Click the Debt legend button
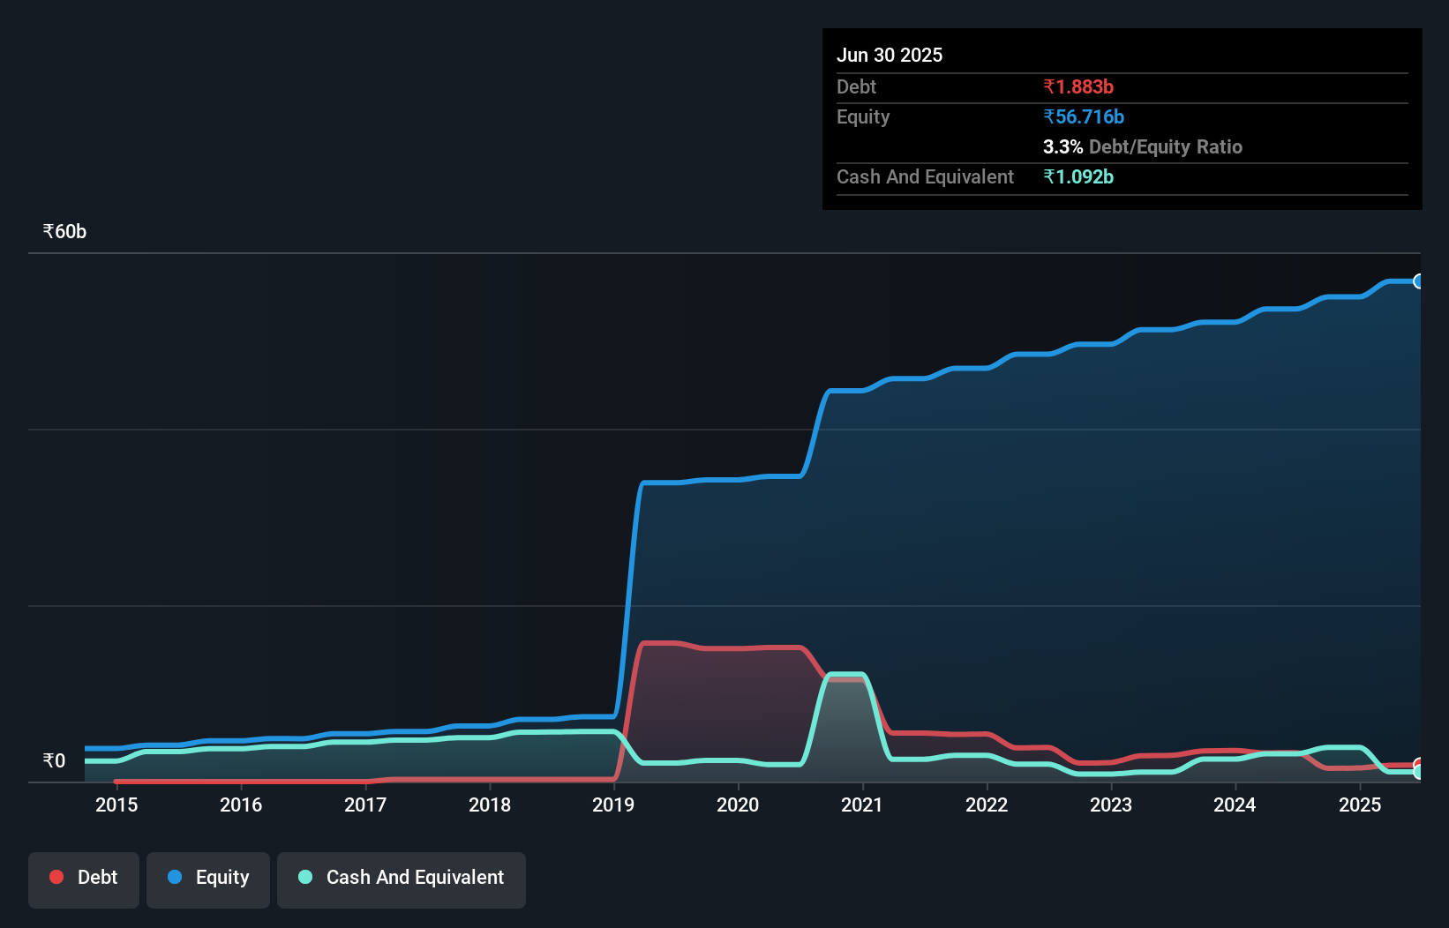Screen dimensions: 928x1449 pos(84,878)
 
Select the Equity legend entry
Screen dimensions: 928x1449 pos(208,878)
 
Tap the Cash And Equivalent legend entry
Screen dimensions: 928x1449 pos(402,878)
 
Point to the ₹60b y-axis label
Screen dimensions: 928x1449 pos(64,232)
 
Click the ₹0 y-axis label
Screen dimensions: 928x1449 pos(54,761)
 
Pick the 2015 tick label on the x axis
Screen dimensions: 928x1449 pos(116,805)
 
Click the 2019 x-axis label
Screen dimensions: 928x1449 pos(613,805)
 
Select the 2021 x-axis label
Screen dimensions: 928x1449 pos(862,805)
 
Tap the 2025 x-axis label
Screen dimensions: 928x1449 pos(1360,805)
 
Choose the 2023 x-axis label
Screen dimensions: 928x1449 pos(1111,805)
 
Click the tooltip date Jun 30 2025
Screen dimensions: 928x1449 pos(890,56)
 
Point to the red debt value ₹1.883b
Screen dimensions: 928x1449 pos(1078,87)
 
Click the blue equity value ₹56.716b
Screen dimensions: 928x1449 pos(1084,117)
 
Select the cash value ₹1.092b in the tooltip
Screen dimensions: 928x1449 pos(1078,177)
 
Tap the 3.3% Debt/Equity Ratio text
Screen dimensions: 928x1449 pos(1143,147)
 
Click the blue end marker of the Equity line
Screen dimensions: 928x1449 pos(1418,281)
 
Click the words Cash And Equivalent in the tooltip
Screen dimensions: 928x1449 pos(925,177)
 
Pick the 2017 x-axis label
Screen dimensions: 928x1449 pos(365,805)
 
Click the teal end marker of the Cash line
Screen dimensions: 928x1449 pos(1418,772)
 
